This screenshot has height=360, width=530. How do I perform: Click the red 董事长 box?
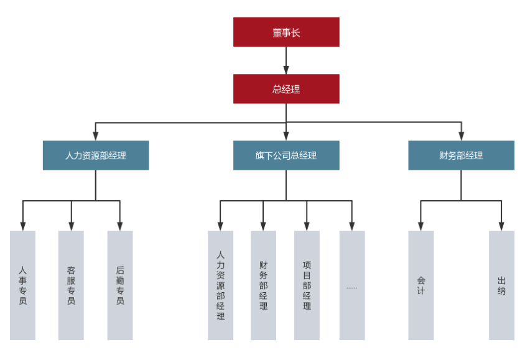(x=286, y=32)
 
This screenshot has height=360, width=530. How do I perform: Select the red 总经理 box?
(x=286, y=89)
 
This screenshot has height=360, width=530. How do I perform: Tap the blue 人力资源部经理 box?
(x=96, y=155)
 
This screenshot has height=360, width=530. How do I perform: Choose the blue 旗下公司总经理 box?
(x=286, y=155)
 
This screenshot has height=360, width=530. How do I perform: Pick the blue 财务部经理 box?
(x=461, y=155)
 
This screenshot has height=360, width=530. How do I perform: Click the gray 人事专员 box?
(x=23, y=285)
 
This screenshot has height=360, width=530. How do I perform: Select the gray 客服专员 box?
(x=71, y=285)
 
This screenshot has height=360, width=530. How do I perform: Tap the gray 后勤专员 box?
(x=120, y=285)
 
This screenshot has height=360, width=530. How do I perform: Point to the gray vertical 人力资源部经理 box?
(x=220, y=285)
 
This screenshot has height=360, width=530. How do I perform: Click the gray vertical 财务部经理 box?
(x=263, y=285)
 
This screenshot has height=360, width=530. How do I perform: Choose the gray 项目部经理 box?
(x=307, y=285)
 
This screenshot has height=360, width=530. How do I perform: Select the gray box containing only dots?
(x=352, y=285)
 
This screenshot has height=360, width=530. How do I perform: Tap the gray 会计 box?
(x=421, y=285)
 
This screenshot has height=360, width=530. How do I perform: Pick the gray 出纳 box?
(x=501, y=285)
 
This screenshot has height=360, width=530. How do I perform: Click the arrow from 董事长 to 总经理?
(x=286, y=60)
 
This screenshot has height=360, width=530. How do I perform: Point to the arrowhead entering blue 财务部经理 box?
(x=461, y=136)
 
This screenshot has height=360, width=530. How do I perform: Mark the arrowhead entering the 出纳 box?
(x=501, y=226)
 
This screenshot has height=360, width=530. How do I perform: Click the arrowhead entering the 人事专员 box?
(x=23, y=226)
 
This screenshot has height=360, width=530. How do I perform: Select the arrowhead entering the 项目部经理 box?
(x=307, y=226)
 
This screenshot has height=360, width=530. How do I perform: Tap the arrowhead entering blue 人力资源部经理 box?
(x=96, y=136)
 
